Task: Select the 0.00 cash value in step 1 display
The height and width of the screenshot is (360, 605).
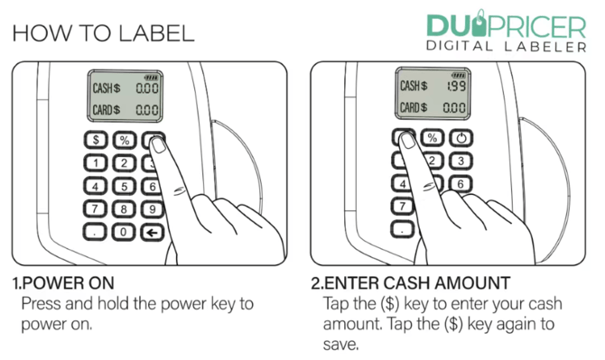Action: pos(147,89)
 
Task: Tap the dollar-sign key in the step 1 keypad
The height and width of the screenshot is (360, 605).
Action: pos(96,140)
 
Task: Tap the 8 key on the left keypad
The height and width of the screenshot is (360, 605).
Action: pos(125,208)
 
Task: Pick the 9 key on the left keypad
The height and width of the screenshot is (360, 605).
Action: pos(154,208)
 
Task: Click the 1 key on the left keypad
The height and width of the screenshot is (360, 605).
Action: pos(96,162)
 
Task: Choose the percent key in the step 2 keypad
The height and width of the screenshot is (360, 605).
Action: pos(433,138)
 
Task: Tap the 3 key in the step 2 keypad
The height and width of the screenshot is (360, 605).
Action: pos(461,162)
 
